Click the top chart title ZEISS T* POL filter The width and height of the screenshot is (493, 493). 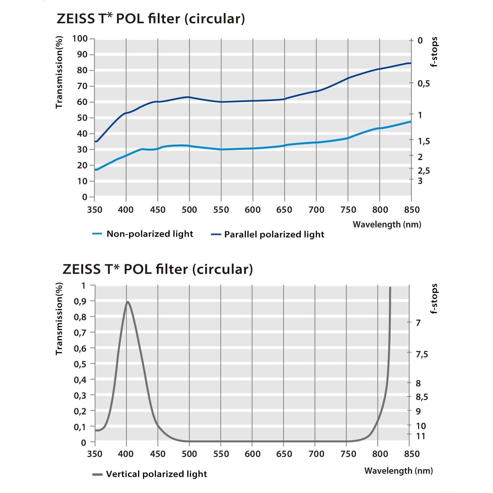pos(151,19)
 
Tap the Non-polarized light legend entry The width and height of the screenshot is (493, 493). pos(150,234)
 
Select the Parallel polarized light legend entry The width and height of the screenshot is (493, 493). pos(274,234)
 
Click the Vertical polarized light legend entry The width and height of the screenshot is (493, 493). pos(156,474)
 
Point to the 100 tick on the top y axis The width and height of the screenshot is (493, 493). pos(80,39)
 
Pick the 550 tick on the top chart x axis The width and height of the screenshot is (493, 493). pos(221,210)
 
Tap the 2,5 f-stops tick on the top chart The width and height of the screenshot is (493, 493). pos(424,171)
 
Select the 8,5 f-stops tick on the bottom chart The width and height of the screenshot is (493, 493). pos(422,397)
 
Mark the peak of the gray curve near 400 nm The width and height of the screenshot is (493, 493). pos(128,302)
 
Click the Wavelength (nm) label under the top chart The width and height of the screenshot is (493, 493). pos(387,224)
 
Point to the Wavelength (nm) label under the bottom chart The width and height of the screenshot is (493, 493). pos(398,471)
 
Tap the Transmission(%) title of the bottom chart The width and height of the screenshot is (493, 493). pos(59,318)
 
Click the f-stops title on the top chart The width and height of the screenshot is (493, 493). pos(434,52)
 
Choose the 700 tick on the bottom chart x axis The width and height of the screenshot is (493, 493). pos(316,454)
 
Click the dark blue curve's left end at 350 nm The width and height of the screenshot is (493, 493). pos(96,141)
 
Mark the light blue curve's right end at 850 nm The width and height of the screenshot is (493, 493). pos(410,122)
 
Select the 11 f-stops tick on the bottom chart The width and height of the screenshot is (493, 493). pos(420,436)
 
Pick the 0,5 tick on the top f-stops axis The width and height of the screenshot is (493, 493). pos(424,83)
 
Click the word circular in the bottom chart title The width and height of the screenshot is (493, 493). pos(223,269)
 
